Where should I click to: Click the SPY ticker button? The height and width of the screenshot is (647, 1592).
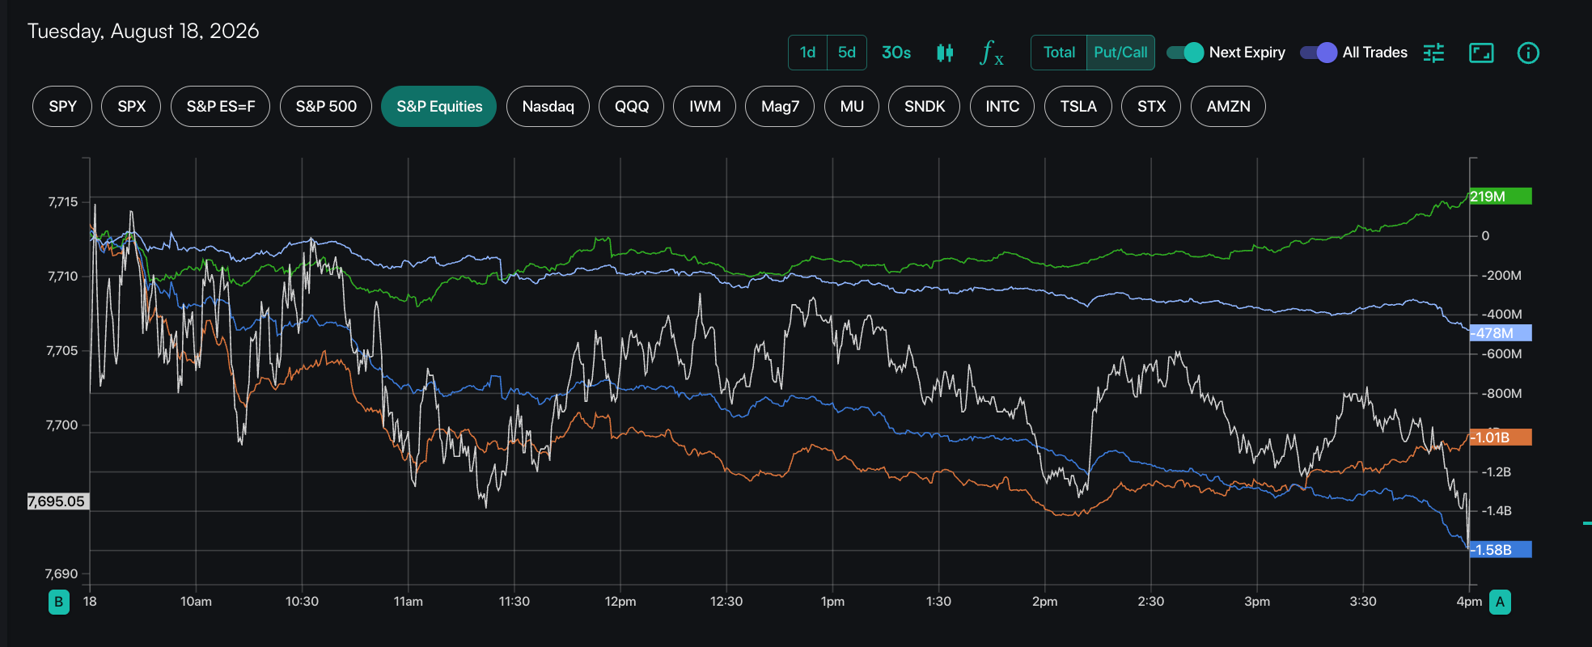tap(62, 107)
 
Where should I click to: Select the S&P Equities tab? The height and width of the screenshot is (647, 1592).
tap(439, 107)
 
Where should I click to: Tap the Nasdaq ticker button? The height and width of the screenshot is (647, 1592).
tap(548, 107)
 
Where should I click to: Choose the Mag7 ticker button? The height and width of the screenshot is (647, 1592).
tap(780, 107)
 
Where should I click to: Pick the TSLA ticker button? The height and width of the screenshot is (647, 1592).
tap(1078, 107)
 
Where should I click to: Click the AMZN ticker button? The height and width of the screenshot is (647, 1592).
tap(1228, 107)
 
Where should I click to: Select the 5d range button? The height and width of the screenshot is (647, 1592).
tap(847, 53)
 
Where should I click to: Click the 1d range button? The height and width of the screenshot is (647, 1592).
tap(807, 53)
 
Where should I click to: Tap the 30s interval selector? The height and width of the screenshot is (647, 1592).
tap(896, 53)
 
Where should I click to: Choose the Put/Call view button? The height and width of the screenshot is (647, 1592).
tap(1120, 53)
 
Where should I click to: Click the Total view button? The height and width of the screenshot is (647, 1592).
tap(1059, 53)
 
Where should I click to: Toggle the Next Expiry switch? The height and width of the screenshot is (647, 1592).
tap(1185, 53)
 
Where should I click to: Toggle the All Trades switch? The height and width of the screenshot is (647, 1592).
tap(1319, 53)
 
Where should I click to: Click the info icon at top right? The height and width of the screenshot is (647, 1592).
tap(1528, 53)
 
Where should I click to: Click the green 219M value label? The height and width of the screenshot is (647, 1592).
tap(1501, 197)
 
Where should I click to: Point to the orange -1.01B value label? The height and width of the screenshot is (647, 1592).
tap(1501, 438)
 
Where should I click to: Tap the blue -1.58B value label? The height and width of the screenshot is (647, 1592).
tap(1501, 550)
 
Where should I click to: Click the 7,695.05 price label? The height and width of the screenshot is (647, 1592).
tap(57, 501)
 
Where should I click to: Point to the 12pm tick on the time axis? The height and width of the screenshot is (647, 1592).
tap(620, 602)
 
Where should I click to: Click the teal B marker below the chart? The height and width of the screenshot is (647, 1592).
tap(59, 602)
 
